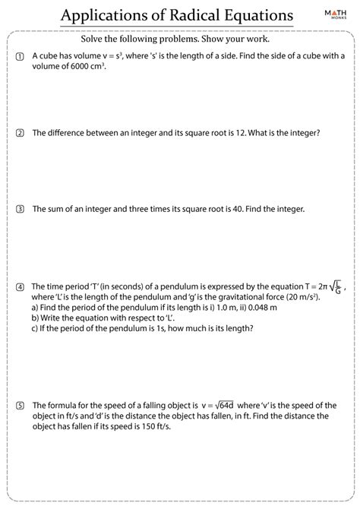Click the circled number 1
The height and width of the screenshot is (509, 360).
click(x=20, y=57)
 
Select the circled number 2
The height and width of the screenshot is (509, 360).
click(x=20, y=133)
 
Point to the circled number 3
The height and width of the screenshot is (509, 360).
click(x=20, y=209)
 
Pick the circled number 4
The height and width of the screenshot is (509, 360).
click(x=20, y=287)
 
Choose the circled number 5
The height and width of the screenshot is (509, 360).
click(x=20, y=406)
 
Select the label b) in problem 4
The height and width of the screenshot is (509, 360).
click(x=36, y=318)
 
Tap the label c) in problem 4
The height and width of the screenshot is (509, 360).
click(x=36, y=328)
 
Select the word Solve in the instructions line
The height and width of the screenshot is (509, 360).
click(x=93, y=40)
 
